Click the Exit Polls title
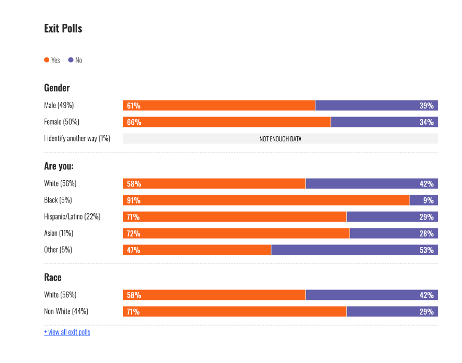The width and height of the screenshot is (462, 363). [63, 28]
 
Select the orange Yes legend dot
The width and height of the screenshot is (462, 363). [47, 60]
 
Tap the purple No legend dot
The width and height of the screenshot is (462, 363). [71, 60]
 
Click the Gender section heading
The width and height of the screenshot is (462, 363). [57, 88]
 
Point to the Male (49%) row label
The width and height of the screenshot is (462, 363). [59, 106]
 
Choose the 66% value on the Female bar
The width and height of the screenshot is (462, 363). [134, 122]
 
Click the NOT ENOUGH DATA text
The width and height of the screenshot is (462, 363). [280, 139]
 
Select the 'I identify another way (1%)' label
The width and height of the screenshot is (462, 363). [77, 139]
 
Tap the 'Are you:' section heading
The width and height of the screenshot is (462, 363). [59, 166]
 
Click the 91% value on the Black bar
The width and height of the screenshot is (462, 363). [133, 200]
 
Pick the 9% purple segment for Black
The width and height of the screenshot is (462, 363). [424, 200]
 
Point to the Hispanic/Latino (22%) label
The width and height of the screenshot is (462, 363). [72, 216]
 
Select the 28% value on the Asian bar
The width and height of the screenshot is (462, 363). [426, 234]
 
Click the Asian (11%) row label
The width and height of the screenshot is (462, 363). [58, 233]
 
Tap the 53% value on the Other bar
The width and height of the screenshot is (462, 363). [426, 250]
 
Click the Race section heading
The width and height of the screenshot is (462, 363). [52, 278]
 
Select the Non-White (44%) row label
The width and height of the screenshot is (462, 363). [66, 312]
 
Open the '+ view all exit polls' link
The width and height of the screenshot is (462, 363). [67, 332]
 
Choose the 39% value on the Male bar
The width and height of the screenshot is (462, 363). [426, 106]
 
